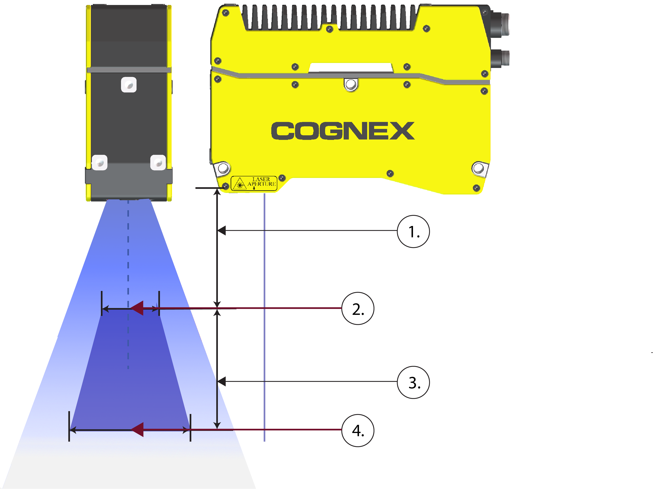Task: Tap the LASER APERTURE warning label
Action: (254, 184)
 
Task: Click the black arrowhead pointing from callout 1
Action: (221, 231)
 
